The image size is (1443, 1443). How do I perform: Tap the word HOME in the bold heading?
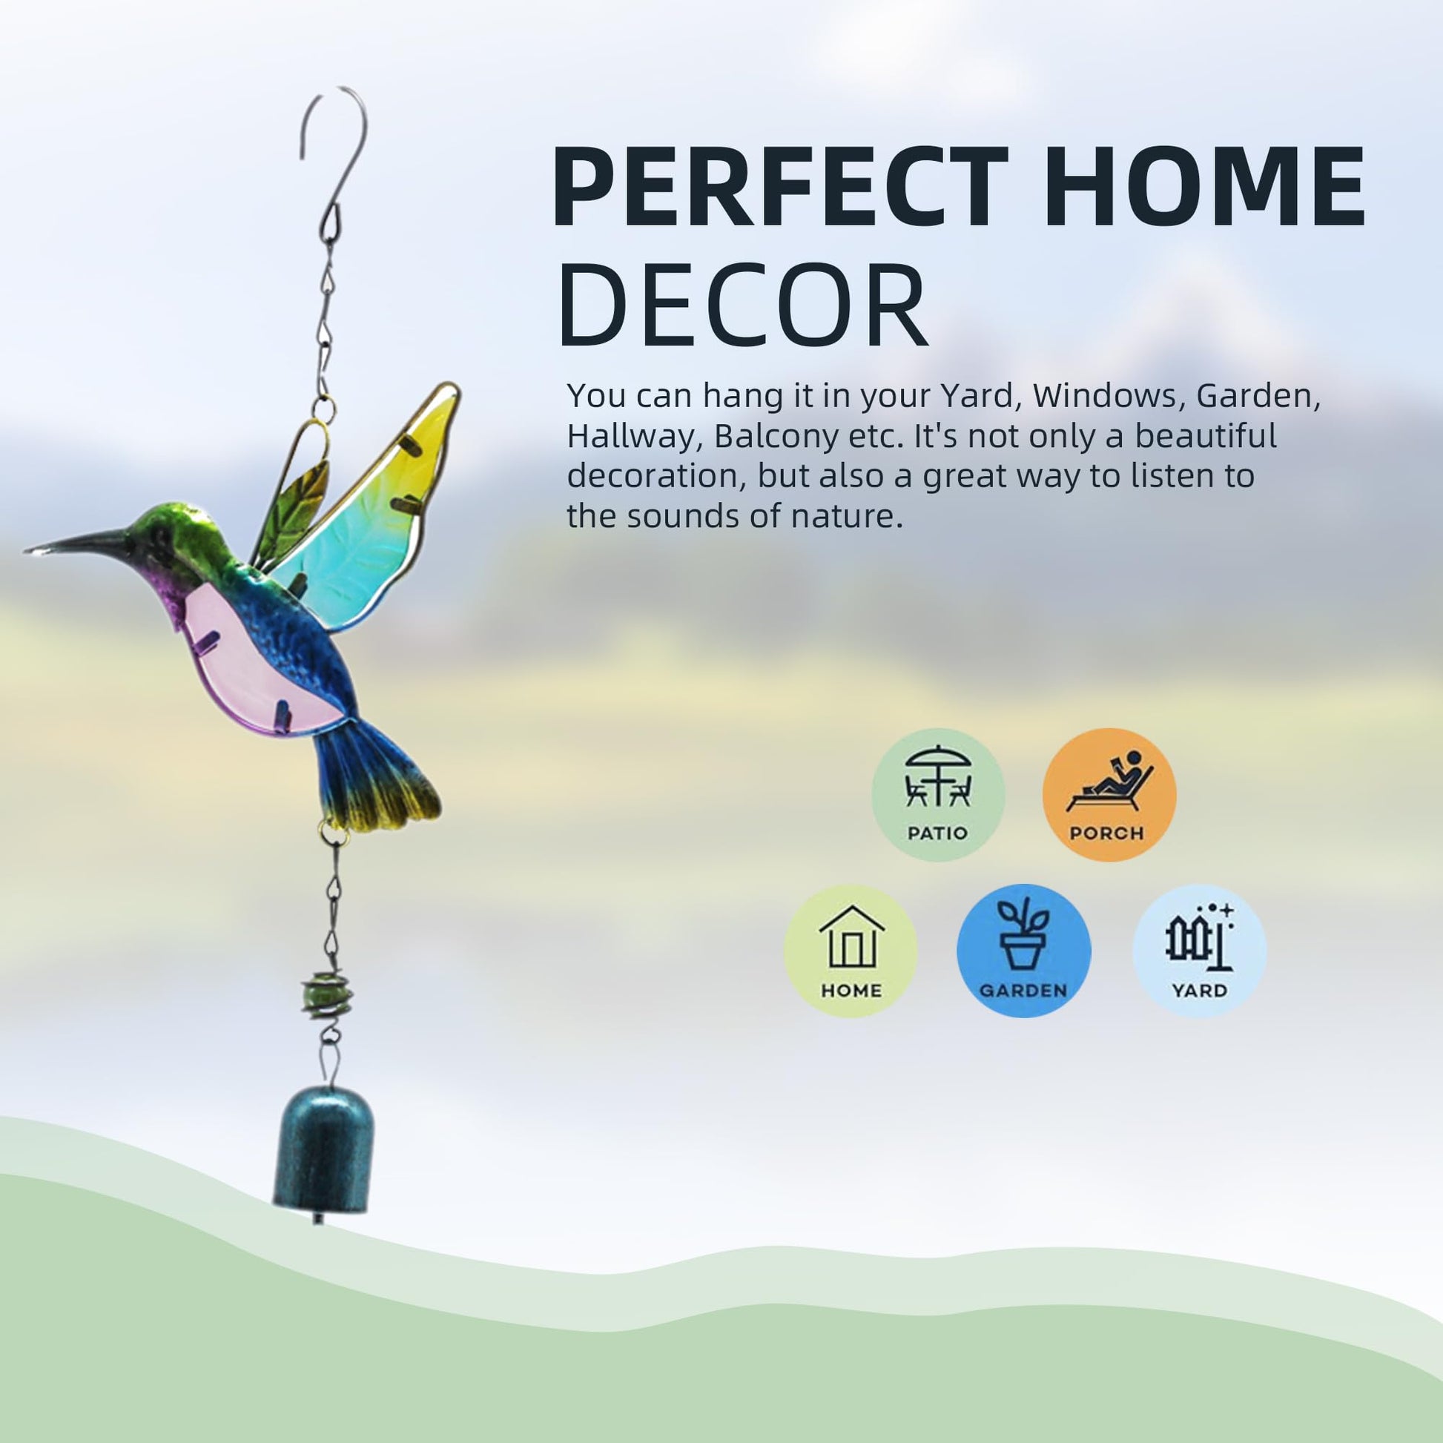point(1204,187)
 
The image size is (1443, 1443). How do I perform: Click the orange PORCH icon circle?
point(1109,795)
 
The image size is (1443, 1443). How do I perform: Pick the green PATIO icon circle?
point(938,795)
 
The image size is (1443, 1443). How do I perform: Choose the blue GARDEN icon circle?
point(1023,951)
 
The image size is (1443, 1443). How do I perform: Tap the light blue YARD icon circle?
point(1200,951)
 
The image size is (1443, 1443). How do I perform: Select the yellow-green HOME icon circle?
point(850,951)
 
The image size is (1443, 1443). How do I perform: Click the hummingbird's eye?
point(160,535)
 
